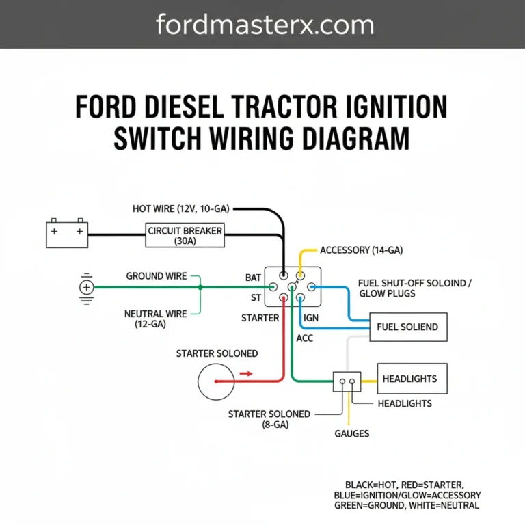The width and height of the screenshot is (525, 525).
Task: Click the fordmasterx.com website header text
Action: click(x=265, y=25)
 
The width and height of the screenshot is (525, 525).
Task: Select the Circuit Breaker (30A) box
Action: click(x=185, y=236)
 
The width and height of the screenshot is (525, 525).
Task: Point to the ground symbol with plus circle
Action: click(x=86, y=287)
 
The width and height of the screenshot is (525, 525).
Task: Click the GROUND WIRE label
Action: click(x=157, y=276)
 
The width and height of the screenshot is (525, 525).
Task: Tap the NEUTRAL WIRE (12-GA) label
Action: click(x=155, y=319)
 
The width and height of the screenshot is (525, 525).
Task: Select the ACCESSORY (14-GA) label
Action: click(x=361, y=251)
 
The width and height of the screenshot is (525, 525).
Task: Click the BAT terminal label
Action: click(x=253, y=278)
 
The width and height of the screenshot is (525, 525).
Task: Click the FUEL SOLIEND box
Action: click(x=407, y=327)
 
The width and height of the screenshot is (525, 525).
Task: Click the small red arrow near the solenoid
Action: click(x=245, y=374)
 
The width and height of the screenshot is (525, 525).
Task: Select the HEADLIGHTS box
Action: click(x=409, y=379)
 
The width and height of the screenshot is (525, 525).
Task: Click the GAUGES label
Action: click(x=352, y=433)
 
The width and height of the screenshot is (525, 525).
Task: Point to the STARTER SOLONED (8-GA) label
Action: click(x=269, y=419)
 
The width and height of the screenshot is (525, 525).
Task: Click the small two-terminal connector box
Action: click(x=347, y=381)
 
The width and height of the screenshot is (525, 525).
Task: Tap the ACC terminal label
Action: click(x=304, y=338)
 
